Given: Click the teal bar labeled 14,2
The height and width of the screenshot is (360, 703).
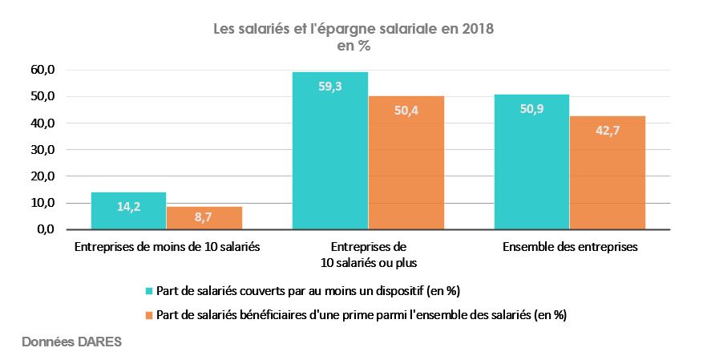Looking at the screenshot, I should [x=128, y=211].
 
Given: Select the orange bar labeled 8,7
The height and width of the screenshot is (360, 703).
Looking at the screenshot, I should [x=204, y=218].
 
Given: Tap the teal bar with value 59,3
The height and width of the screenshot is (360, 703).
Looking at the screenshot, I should [x=329, y=151].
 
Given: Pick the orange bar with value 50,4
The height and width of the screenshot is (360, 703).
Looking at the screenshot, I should [x=406, y=163].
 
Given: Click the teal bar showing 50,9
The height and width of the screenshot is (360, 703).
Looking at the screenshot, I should [x=531, y=162].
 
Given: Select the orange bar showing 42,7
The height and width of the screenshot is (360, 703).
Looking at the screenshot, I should [x=608, y=173].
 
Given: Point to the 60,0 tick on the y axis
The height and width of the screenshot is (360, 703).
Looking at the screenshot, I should [x=42, y=70].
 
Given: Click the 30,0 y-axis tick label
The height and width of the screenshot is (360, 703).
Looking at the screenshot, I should [x=42, y=150].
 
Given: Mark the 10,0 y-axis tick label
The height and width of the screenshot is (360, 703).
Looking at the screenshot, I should [x=42, y=203].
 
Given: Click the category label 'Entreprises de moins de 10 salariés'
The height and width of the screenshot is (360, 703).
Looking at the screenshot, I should [x=167, y=248].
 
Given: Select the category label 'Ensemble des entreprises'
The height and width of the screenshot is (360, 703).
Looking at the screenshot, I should [x=570, y=248].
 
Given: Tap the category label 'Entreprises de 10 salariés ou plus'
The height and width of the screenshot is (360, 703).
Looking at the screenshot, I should [x=368, y=255].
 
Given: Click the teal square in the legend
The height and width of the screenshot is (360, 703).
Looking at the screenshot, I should [x=149, y=290].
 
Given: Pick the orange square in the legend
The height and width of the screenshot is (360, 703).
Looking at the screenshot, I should [x=149, y=315].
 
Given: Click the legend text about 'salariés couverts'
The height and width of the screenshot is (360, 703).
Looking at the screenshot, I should [x=309, y=290].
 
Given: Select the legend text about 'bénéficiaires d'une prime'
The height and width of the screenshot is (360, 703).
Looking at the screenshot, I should [x=362, y=315].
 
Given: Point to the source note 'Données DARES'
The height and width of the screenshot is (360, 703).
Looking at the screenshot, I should [x=71, y=342].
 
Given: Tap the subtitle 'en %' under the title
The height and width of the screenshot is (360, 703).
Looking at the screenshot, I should [x=353, y=47].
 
